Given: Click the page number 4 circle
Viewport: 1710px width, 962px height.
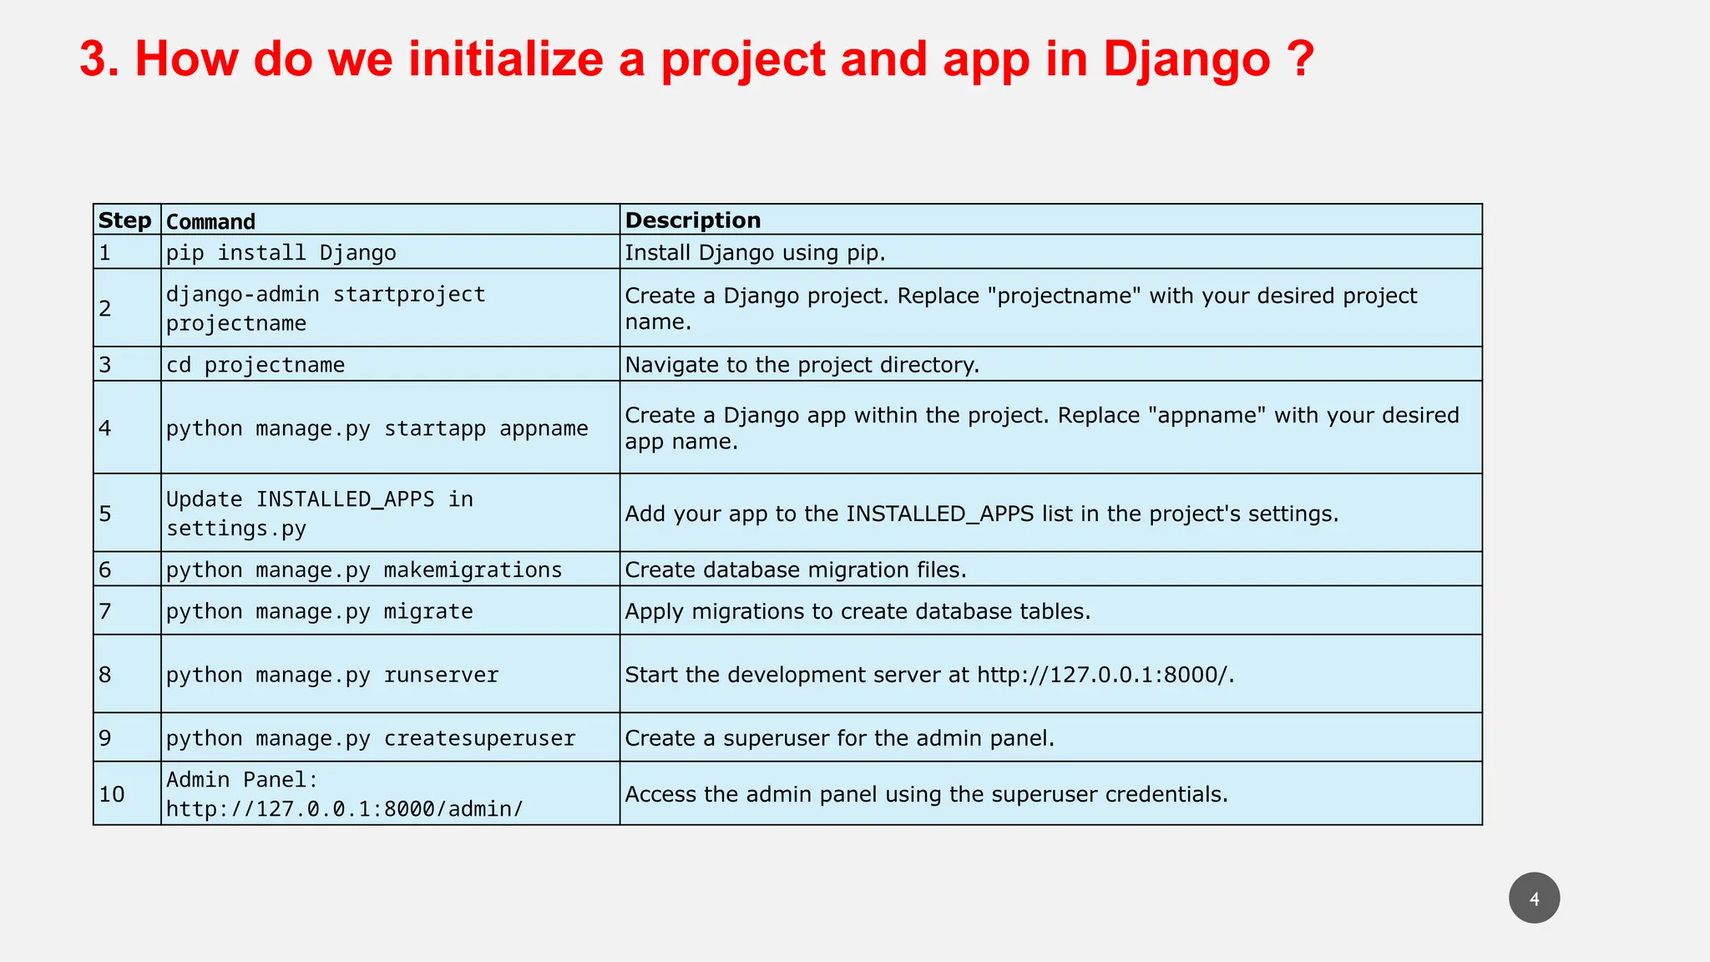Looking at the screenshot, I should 1534,899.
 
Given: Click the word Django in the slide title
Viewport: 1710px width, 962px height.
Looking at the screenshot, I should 1186,60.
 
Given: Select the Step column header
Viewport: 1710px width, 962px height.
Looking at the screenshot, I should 125,220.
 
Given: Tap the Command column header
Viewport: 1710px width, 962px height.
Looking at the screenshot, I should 210,221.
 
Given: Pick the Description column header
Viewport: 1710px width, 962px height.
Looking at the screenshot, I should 693,220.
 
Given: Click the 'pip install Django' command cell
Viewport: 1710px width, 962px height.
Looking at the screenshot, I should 281,252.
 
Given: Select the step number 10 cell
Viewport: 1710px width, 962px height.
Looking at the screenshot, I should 112,794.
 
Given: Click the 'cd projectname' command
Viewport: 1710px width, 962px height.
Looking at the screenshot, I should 255,365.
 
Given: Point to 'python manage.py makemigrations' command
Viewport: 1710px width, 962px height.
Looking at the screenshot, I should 364,570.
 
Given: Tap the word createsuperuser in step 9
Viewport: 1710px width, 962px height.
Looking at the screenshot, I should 479,738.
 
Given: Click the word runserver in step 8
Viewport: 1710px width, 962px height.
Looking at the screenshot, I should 441,675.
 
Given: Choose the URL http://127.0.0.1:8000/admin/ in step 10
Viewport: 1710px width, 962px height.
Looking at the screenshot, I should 345,808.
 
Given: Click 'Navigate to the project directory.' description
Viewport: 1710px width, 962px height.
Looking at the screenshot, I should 802,365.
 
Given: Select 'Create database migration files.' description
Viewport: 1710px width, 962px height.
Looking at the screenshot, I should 795,570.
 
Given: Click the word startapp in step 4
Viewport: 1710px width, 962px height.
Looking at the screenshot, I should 434,428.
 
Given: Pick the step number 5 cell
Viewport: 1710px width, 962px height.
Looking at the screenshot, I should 105,514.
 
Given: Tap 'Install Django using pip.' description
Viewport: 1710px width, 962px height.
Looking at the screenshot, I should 755,252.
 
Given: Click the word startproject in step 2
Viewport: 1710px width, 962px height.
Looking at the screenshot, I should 409,294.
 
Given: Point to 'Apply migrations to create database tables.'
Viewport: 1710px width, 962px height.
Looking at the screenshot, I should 858,611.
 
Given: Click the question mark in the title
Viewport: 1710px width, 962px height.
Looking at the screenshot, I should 1300,60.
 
